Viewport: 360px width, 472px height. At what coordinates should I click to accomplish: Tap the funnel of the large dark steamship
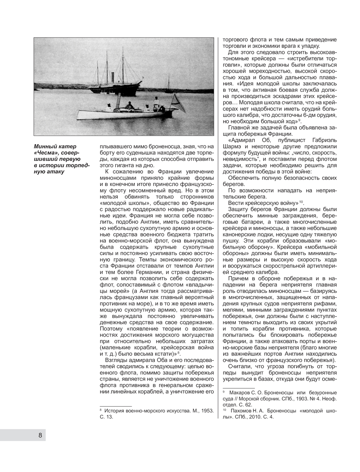tap(112, 77)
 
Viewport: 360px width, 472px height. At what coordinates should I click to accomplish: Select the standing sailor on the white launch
tap(156, 102)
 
